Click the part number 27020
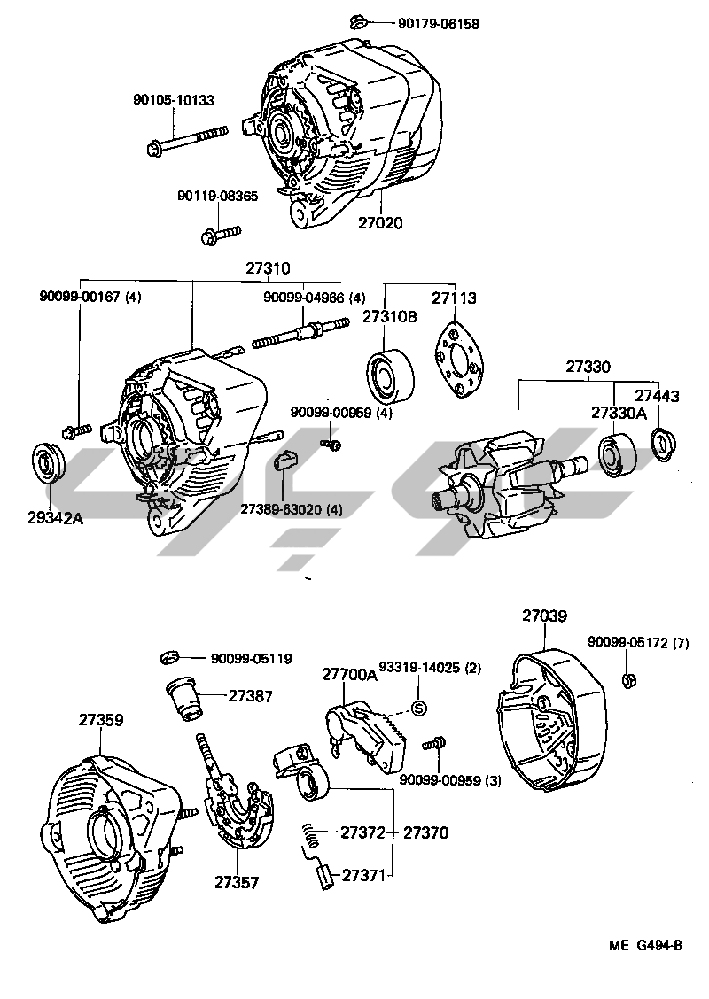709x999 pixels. click(x=380, y=223)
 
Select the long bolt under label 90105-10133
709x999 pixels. click(x=186, y=141)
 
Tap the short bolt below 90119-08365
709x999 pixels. click(x=220, y=234)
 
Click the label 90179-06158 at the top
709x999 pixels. click(x=439, y=24)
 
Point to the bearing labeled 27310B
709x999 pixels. click(x=390, y=376)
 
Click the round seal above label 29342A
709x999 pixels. click(x=47, y=461)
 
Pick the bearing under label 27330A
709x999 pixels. click(x=617, y=457)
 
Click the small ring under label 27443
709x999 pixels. click(x=664, y=442)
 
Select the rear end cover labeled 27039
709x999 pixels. click(x=551, y=719)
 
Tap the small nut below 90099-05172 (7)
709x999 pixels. click(x=628, y=679)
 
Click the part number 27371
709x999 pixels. click(x=364, y=875)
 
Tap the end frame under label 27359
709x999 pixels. click(x=113, y=838)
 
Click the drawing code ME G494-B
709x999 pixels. click(x=645, y=946)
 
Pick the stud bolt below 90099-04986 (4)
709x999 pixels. click(x=301, y=333)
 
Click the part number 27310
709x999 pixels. click(x=268, y=269)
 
